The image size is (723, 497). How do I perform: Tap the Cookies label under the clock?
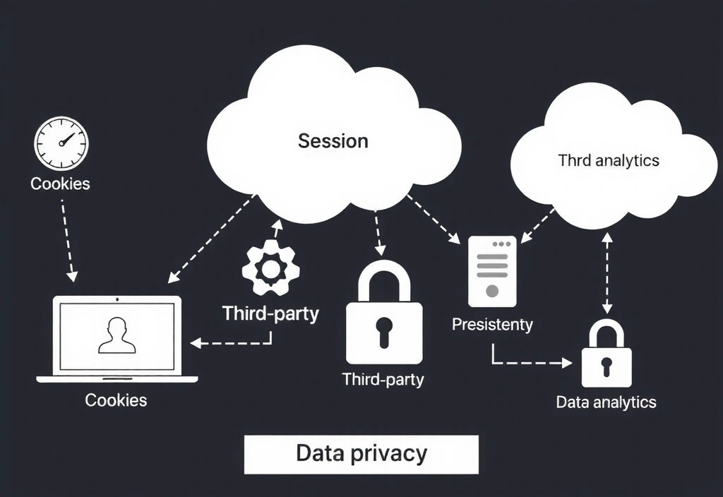[61, 184]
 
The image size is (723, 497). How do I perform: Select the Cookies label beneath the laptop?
[116, 400]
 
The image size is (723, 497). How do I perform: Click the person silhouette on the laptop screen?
[116, 335]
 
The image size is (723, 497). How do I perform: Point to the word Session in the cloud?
[333, 140]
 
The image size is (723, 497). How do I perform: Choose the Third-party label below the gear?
[270, 313]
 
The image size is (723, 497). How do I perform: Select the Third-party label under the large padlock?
[383, 379]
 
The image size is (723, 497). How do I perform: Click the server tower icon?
[492, 272]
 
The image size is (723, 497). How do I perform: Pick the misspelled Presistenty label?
[492, 325]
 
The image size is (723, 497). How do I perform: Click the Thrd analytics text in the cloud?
[608, 160]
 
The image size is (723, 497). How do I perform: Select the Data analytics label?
[606, 402]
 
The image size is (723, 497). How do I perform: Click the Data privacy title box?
[361, 453]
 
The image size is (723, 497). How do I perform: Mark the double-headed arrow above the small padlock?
[607, 272]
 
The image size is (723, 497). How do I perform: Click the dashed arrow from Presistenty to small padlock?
[530, 362]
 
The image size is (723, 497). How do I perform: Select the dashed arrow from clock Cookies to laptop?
[67, 240]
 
